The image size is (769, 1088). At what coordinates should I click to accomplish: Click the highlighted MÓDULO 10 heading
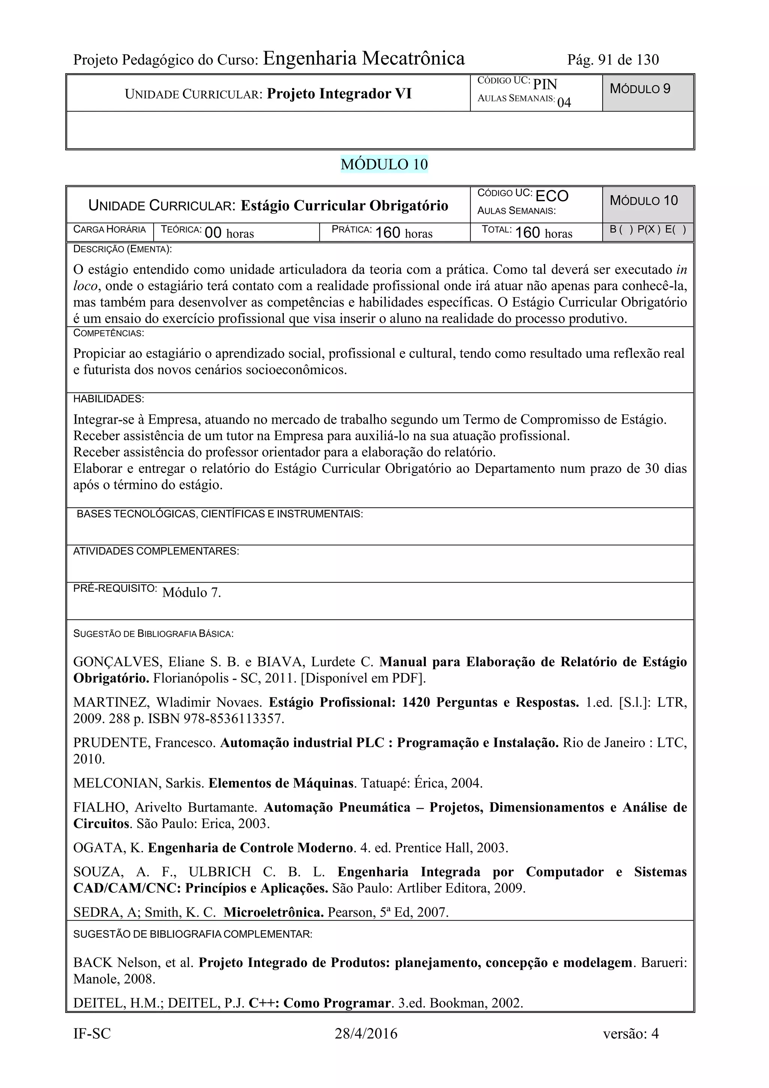(x=384, y=164)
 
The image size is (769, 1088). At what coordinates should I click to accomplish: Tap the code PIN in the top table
(x=545, y=85)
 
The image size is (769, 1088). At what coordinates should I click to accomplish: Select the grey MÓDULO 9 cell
(x=648, y=92)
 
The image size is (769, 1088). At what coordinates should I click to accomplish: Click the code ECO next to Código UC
(x=552, y=196)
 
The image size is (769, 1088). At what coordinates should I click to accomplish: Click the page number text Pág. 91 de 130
(x=613, y=60)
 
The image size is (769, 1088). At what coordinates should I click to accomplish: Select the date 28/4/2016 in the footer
(x=366, y=1034)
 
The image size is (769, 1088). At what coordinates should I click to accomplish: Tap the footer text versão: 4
(x=631, y=1034)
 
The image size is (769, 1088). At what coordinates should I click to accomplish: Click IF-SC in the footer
(x=92, y=1034)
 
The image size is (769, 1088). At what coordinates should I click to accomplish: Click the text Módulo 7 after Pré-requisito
(x=191, y=592)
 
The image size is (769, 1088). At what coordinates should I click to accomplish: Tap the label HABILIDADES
(x=109, y=398)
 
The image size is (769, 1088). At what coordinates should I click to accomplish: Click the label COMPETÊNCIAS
(x=109, y=333)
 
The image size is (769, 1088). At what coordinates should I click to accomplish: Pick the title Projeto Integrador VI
(x=339, y=94)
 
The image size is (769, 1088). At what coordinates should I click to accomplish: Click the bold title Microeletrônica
(x=273, y=912)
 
